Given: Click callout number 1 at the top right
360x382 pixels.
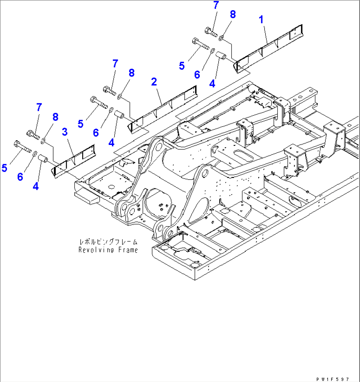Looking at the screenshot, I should [x=261, y=20].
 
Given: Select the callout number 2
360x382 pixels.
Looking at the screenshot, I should [x=154, y=82].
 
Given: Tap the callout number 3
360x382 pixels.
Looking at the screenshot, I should [x=65, y=132].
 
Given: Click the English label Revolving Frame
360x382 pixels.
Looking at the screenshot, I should [x=108, y=250].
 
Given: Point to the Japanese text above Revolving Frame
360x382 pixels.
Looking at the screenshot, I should [x=108, y=242].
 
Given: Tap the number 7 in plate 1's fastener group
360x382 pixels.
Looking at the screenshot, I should [x=216, y=5].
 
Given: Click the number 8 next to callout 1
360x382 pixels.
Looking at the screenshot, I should [x=233, y=14].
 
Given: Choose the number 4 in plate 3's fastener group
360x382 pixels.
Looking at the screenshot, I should [x=36, y=186].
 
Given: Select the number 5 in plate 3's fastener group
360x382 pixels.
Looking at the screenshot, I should [x=4, y=168].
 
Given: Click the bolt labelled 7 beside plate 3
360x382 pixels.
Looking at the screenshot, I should [x=33, y=134].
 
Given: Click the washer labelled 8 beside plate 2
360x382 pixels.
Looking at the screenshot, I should [x=120, y=96].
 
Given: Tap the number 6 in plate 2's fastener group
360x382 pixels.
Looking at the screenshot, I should [x=96, y=133].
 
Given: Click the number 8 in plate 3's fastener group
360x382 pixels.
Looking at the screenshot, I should [x=55, y=117].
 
